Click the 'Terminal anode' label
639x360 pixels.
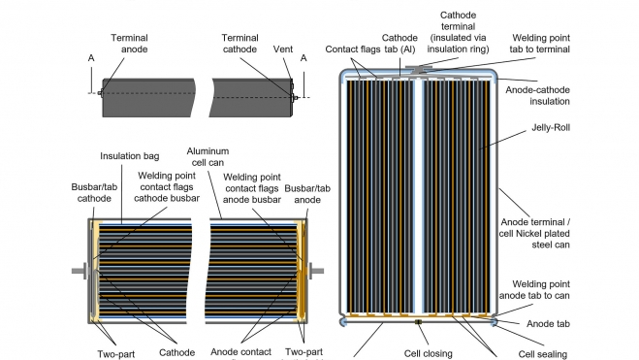coord(130,44)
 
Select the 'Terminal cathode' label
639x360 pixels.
coord(240,44)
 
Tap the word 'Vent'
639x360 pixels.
coord(283,49)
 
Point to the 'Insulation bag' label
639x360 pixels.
coord(130,156)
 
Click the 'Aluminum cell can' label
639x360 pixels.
coord(208,157)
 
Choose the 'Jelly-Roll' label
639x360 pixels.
coord(551,128)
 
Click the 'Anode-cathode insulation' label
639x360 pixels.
coord(537,96)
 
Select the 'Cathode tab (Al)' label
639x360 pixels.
coord(399,44)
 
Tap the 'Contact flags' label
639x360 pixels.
coord(352,49)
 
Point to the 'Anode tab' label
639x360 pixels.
coord(548,324)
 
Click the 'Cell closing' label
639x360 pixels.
coord(429,353)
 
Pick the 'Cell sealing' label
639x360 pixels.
coord(543,354)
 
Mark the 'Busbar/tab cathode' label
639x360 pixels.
coord(94,193)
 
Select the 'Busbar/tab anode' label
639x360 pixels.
coord(307,194)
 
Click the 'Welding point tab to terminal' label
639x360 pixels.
coord(539,44)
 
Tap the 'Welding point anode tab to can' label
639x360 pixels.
coord(534,290)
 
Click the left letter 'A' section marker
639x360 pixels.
coord(91,58)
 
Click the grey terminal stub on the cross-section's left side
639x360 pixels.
coord(80,271)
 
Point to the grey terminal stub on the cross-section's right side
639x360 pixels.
coord(316,271)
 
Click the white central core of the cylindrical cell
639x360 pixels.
coord(419,197)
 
